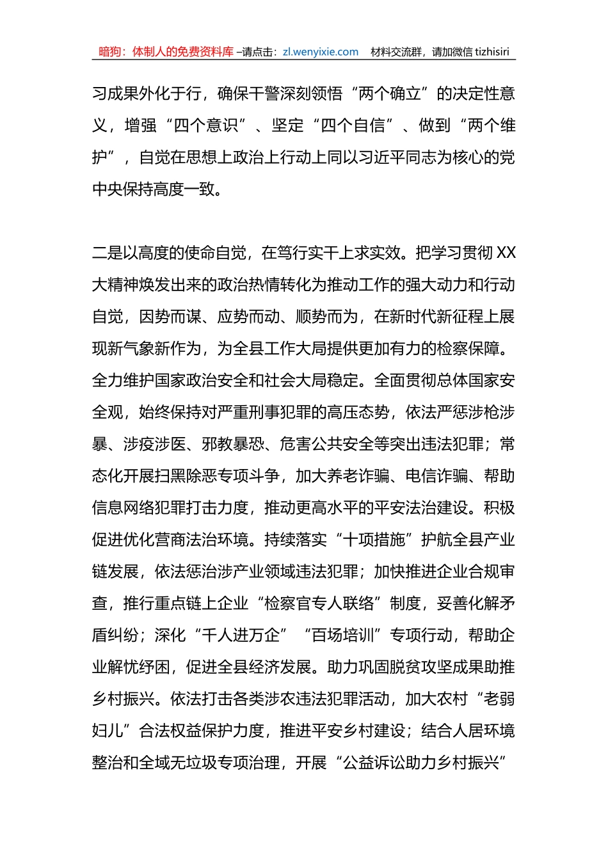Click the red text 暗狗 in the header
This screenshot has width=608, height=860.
(110, 52)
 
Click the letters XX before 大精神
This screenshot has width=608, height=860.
(506, 253)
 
